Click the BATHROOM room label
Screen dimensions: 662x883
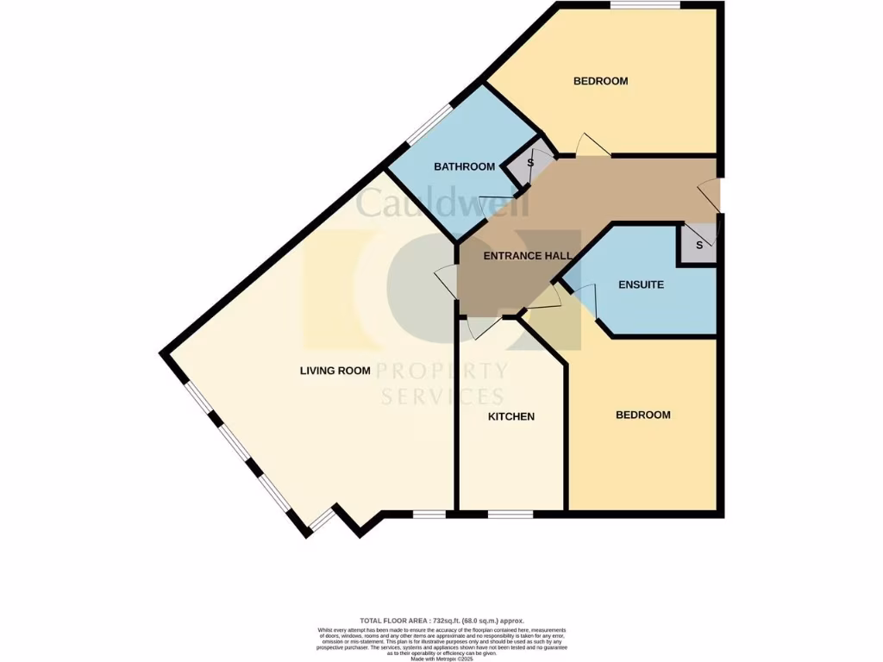(x=464, y=166)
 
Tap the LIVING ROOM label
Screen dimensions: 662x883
(x=335, y=371)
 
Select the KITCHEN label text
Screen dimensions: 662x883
(x=511, y=416)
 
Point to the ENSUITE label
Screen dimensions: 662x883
(x=642, y=284)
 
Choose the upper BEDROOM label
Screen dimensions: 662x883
(x=600, y=81)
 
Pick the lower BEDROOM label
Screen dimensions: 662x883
(x=642, y=415)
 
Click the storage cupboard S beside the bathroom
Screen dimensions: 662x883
(x=529, y=162)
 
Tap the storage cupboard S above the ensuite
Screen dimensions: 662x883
(x=699, y=245)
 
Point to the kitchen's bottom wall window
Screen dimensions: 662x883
(x=510, y=515)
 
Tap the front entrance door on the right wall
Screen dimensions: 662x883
(x=710, y=195)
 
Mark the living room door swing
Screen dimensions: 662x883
(x=446, y=280)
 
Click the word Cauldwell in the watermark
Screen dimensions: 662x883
(x=422, y=203)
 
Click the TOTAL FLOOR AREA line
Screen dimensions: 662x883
(x=441, y=621)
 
